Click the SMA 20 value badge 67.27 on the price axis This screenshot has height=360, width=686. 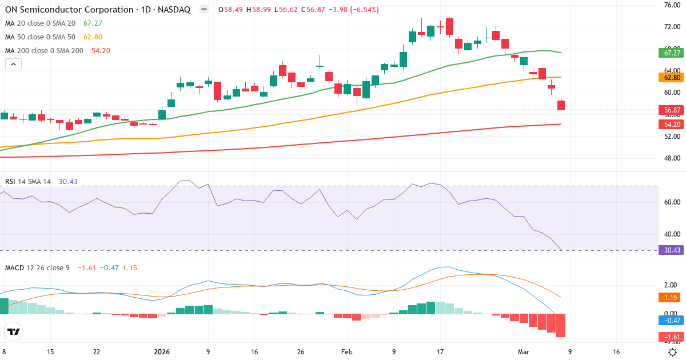coord(672,53)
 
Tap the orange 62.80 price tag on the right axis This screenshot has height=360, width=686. coord(672,77)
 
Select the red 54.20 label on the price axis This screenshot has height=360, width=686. coord(672,124)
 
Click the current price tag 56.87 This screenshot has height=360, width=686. coord(672,110)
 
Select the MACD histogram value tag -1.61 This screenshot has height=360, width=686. coord(672,337)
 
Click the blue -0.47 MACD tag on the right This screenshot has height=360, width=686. coord(672,321)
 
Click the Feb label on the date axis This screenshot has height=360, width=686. coord(347,352)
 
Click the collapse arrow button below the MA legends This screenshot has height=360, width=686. coord(13,65)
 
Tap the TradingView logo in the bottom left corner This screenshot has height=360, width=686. coord(14,331)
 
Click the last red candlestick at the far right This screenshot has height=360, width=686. coord(561,105)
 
